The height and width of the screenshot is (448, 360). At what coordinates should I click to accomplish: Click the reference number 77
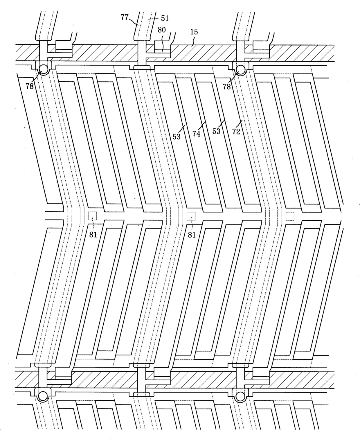click(x=125, y=17)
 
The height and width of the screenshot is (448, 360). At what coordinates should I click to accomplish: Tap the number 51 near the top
click(x=165, y=18)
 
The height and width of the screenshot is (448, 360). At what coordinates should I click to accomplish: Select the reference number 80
click(x=162, y=30)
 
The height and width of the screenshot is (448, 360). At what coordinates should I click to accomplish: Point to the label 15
click(x=194, y=32)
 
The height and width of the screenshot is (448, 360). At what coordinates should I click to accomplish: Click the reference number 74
click(x=197, y=134)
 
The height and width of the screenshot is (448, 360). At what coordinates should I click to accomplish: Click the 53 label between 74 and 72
click(x=216, y=131)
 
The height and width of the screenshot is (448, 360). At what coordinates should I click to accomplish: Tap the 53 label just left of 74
click(x=177, y=136)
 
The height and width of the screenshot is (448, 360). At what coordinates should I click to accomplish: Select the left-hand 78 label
click(x=30, y=86)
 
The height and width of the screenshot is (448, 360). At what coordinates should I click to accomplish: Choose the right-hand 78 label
click(x=227, y=86)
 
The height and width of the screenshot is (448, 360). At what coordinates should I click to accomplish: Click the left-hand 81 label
click(x=93, y=235)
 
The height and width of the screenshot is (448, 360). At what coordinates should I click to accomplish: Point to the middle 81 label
click(x=192, y=235)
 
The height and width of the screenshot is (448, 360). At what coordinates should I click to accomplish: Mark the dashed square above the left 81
click(x=92, y=216)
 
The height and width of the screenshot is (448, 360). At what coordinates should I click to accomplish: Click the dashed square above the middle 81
click(x=191, y=216)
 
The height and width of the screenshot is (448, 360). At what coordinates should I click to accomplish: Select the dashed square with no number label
click(x=290, y=216)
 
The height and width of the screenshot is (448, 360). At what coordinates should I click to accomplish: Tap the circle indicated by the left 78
click(x=43, y=69)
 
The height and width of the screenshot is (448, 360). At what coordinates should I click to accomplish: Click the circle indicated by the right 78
click(x=241, y=69)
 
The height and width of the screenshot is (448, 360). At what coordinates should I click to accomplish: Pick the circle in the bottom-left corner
click(x=43, y=396)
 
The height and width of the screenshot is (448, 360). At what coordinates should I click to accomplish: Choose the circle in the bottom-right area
click(x=241, y=396)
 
